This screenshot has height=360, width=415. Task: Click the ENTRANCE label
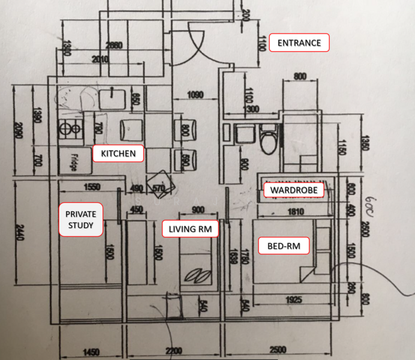(299, 43)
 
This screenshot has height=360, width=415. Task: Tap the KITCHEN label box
(118, 154)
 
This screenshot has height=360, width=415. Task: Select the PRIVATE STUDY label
(80, 220)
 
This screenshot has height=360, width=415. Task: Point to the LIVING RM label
(190, 229)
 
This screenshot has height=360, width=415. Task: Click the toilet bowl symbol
(269, 139)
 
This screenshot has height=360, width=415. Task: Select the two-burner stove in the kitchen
(70, 127)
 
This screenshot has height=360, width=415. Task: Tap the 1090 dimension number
(195, 94)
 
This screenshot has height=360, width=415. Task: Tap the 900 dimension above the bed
(196, 209)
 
